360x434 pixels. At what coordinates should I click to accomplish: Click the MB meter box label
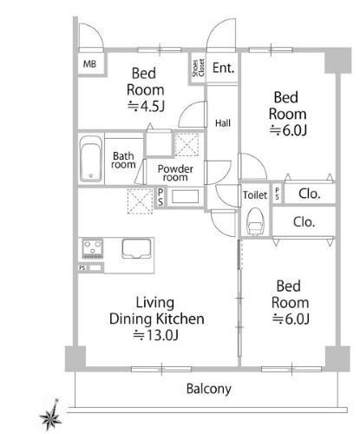(x=89, y=63)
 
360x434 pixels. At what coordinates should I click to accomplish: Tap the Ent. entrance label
(x=223, y=68)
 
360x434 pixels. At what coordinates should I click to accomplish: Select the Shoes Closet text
(x=198, y=68)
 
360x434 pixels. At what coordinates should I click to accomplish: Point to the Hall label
(x=223, y=123)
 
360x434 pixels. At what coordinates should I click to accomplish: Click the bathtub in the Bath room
(x=91, y=159)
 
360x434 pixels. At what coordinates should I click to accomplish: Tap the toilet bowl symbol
(x=255, y=221)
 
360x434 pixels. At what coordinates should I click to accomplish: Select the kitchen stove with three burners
(x=93, y=248)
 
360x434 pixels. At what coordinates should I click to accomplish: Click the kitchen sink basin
(x=136, y=248)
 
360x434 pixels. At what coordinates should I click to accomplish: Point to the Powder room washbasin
(x=185, y=197)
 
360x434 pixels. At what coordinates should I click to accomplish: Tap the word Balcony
(x=209, y=389)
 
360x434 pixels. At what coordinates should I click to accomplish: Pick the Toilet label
(x=255, y=195)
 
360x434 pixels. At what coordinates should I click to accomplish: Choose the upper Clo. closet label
(x=310, y=194)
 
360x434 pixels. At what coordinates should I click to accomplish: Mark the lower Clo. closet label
(x=304, y=222)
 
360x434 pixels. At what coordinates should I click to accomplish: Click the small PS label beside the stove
(x=82, y=268)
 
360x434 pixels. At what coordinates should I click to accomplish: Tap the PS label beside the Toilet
(x=277, y=194)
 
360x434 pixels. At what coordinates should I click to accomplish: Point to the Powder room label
(x=175, y=173)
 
